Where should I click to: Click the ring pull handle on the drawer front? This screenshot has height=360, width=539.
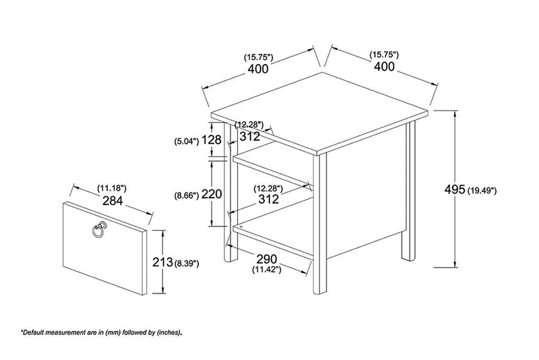pyautogui.click(x=98, y=229)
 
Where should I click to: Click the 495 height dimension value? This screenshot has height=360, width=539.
pyautogui.click(x=455, y=189)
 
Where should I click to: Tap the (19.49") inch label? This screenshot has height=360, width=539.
pyautogui.click(x=482, y=190)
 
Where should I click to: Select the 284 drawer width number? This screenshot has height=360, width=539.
pyautogui.click(x=113, y=200)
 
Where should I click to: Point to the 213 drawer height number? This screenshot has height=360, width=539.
pyautogui.click(x=162, y=262)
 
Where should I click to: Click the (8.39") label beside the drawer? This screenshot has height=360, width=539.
pyautogui.click(x=187, y=264)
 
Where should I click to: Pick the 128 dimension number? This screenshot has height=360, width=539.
pyautogui.click(x=211, y=140)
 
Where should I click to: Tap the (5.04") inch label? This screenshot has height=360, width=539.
pyautogui.click(x=187, y=141)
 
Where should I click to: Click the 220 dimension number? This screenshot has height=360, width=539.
pyautogui.click(x=212, y=194)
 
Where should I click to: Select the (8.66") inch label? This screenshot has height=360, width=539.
pyautogui.click(x=187, y=196)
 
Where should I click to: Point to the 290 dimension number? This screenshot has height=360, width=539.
pyautogui.click(x=266, y=258)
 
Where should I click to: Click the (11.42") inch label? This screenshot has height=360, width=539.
pyautogui.click(x=267, y=270)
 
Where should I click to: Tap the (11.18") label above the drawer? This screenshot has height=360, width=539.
pyautogui.click(x=112, y=188)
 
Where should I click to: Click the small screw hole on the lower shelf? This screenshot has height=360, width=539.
pyautogui.click(x=241, y=227)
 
